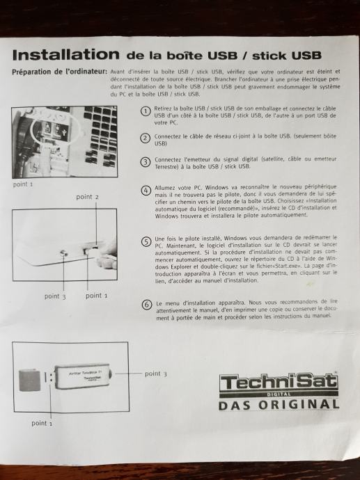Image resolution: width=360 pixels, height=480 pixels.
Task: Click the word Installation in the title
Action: (x=66, y=55)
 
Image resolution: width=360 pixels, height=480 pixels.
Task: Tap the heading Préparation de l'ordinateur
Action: (x=59, y=72)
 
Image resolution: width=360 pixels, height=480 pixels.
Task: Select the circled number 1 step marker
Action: (x=146, y=111)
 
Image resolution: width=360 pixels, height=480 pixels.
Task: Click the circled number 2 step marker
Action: (x=146, y=138)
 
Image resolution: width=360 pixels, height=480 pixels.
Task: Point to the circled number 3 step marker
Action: (x=146, y=162)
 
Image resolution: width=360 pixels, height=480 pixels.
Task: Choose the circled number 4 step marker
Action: (x=146, y=191)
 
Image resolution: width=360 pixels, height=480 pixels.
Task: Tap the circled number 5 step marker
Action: (x=146, y=241)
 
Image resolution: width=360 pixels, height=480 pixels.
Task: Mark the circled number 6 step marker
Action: (x=147, y=305)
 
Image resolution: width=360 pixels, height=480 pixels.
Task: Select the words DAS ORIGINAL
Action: (x=279, y=405)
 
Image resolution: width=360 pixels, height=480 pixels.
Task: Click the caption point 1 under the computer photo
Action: (x=23, y=184)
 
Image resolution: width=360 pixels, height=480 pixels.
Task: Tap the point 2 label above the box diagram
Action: (x=88, y=197)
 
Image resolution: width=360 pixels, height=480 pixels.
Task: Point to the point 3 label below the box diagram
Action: (x=55, y=296)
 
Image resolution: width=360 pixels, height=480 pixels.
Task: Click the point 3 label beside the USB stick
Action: (x=156, y=374)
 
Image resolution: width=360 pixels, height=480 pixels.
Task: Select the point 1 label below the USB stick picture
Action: (x=42, y=423)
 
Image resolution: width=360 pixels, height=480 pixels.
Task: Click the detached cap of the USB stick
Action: (x=30, y=381)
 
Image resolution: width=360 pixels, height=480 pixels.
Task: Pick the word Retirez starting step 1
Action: (x=162, y=109)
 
